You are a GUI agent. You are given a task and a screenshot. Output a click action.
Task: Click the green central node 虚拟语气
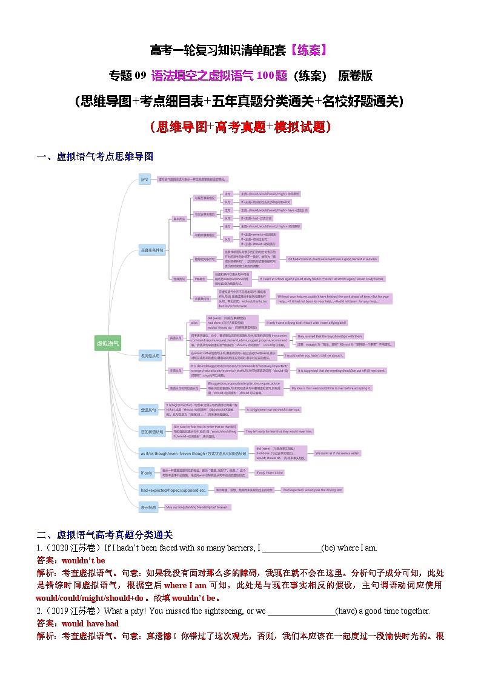[x=108, y=343]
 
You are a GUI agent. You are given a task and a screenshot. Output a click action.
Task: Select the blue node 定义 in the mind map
[x=144, y=179]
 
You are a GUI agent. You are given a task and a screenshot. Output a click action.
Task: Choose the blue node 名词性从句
[x=150, y=356]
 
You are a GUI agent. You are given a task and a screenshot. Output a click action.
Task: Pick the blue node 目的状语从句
[x=151, y=432]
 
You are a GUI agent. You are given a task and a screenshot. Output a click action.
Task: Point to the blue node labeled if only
[x=147, y=473]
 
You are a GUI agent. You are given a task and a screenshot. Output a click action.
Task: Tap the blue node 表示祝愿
[x=148, y=506]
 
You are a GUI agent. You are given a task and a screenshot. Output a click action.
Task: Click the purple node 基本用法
[x=180, y=219]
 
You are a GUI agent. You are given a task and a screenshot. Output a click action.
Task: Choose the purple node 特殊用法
[x=180, y=278]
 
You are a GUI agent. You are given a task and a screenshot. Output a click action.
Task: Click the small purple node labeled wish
[x=194, y=323]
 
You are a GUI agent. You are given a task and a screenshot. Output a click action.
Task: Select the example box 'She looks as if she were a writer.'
[x=337, y=453]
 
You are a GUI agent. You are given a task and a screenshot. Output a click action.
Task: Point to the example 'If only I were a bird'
[x=270, y=472]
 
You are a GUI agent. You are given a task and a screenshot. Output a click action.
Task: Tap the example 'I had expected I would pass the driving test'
[x=313, y=490]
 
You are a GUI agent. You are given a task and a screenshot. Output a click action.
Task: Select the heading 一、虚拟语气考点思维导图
[x=95, y=156]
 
